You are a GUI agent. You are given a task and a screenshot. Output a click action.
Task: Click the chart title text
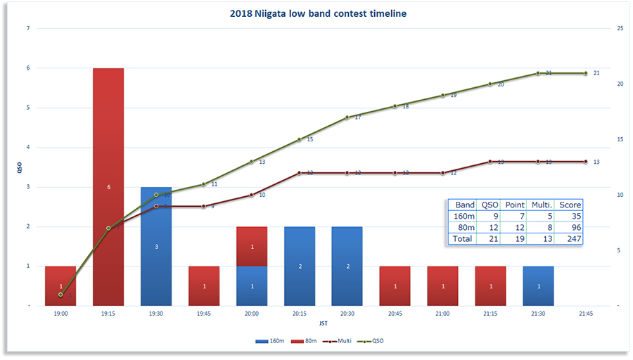318,13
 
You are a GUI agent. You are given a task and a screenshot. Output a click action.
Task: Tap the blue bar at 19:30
156,246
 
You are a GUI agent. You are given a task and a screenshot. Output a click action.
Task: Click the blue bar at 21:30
538,286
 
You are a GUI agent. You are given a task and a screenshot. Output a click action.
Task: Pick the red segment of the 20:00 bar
252,246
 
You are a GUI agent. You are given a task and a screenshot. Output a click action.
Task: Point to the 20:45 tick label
395,314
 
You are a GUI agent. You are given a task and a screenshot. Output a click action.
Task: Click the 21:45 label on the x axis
586,314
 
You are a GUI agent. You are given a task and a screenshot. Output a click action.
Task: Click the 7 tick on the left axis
28,29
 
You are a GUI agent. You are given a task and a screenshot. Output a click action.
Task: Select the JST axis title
323,324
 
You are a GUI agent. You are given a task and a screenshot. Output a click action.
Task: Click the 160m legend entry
272,340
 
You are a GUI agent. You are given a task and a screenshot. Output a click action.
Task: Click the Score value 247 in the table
570,238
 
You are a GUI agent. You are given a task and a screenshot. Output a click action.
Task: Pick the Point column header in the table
516,205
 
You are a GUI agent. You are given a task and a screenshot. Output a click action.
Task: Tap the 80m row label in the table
465,227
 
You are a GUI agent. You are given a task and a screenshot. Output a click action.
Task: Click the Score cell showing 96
570,227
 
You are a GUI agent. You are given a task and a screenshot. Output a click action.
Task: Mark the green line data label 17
357,117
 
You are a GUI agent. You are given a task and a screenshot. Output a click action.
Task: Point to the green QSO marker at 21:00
443,95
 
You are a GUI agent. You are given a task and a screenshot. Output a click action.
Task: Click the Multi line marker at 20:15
300,173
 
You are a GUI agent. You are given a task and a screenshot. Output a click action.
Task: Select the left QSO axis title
19,167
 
